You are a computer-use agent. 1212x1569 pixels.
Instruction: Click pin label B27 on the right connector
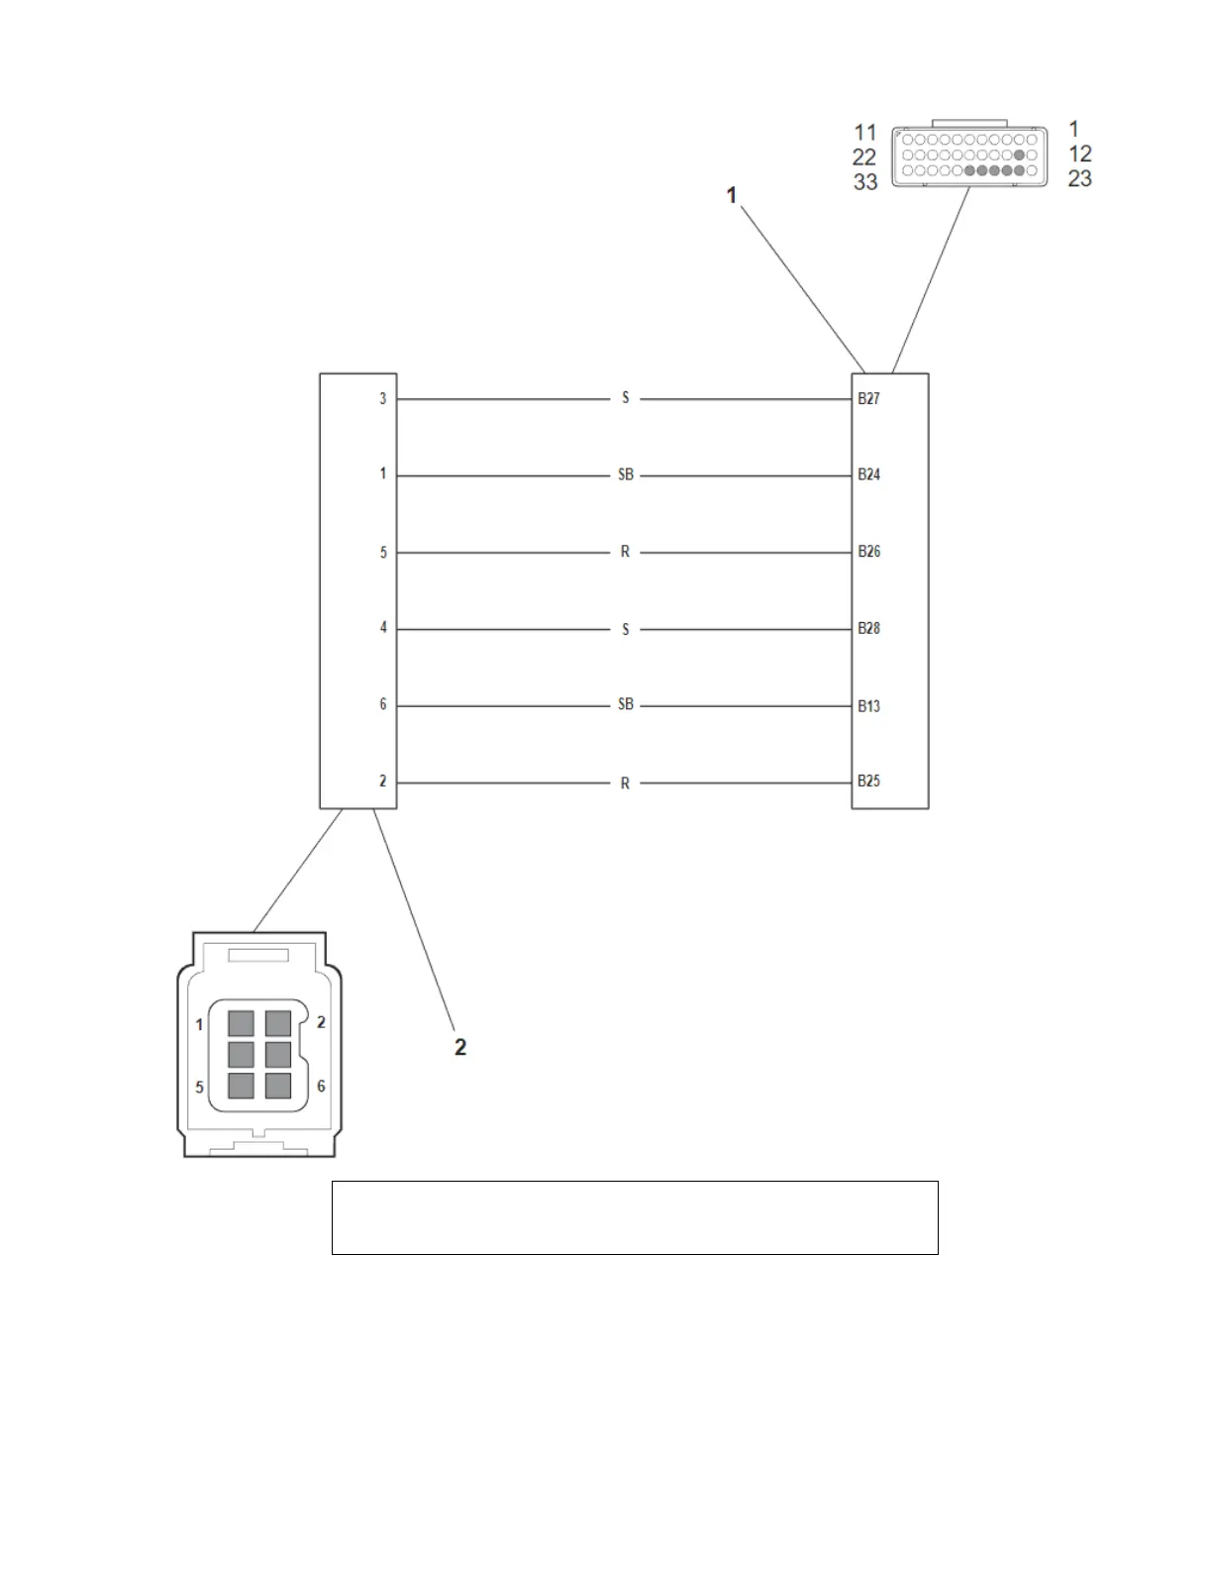click(x=868, y=399)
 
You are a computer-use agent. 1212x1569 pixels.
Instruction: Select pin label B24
click(x=868, y=475)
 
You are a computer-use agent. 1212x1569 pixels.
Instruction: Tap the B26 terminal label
click(x=868, y=552)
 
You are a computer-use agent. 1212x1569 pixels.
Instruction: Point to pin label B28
click(x=868, y=629)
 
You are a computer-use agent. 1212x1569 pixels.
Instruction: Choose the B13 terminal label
click(x=868, y=706)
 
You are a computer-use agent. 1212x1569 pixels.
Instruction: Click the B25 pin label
click(x=868, y=782)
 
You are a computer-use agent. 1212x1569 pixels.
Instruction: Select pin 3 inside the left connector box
click(x=383, y=399)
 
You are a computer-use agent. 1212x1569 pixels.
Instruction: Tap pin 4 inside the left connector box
click(x=383, y=628)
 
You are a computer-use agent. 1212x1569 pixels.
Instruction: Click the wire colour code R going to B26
click(x=625, y=552)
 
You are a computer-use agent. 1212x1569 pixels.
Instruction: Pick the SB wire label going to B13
click(x=625, y=705)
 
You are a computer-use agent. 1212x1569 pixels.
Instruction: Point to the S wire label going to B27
click(x=625, y=398)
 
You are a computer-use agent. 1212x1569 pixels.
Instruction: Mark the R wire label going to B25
click(x=625, y=784)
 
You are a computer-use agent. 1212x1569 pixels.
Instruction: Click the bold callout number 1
click(x=732, y=196)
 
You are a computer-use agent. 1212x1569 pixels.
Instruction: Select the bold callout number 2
click(x=460, y=1047)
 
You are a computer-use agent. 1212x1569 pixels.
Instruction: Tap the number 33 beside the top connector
click(x=865, y=182)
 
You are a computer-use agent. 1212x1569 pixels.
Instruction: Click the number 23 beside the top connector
click(x=1079, y=179)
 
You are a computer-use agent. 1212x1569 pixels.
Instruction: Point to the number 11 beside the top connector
click(x=865, y=133)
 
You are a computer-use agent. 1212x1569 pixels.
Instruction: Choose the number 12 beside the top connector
click(x=1080, y=155)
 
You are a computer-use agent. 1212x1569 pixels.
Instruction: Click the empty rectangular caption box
click(x=635, y=1217)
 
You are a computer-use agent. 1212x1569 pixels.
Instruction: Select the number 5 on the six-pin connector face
click(x=199, y=1088)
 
